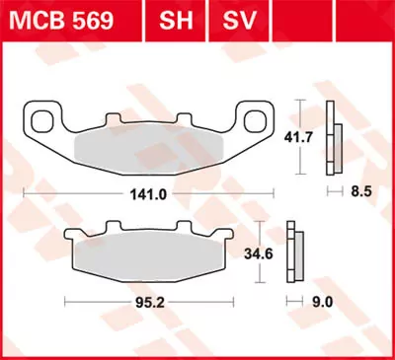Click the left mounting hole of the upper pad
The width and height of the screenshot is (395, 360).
point(43,122)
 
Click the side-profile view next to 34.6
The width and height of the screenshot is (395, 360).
point(293,254)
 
